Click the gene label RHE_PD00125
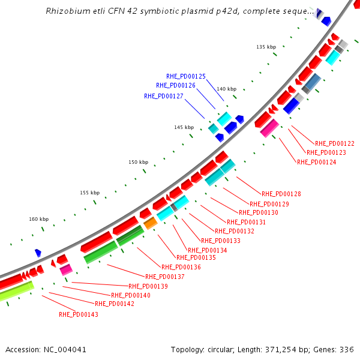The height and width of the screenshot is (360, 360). coord(186,76)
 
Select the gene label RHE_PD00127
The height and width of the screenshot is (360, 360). coord(164,95)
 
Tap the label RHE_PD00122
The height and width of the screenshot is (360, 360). coord(335,143)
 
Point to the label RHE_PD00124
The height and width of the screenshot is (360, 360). coord(317,162)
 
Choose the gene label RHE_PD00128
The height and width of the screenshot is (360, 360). coord(281,194)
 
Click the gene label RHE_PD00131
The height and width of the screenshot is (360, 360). coord(247,222)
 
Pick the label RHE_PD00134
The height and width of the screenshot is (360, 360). coord(208,250)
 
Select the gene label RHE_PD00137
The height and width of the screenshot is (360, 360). coord(165,277)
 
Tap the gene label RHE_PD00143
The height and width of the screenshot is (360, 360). coord(79,314)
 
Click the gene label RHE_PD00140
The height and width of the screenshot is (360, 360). coord(131,295)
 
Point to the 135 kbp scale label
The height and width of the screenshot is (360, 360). coord(266,47)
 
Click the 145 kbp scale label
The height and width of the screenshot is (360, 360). coord(184,127)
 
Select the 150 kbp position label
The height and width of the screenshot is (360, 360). coord(138,162)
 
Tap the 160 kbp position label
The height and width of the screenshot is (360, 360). coord(38,219)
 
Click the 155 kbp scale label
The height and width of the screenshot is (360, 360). coord(89,193)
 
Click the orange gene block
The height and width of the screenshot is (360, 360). coord(151,223)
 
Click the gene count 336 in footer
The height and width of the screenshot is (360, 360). coord(348,349)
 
